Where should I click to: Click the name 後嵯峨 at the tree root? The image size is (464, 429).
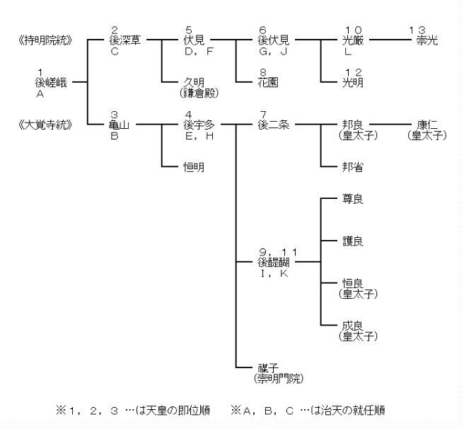(x=51, y=82)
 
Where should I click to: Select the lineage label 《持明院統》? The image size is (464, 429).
(x=45, y=40)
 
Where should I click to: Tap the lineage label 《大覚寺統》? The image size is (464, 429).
(x=45, y=125)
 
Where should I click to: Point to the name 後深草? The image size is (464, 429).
(x=125, y=40)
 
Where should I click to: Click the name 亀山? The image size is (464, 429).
(x=120, y=125)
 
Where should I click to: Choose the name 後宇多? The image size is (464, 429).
(x=199, y=125)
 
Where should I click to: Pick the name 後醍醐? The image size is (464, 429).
(x=274, y=262)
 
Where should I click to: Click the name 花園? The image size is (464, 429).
(x=268, y=82)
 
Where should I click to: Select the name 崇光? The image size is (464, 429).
(x=427, y=40)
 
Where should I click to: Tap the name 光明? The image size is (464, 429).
(x=353, y=82)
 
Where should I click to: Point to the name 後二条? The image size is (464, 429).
(x=274, y=125)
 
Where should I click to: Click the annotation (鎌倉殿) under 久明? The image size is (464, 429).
(x=199, y=93)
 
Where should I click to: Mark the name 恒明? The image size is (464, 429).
(x=194, y=167)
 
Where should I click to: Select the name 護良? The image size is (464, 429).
(x=353, y=241)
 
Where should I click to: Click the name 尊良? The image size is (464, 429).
(x=353, y=199)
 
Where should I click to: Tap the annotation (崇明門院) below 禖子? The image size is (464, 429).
(x=279, y=379)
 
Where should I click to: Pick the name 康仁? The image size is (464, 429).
(x=427, y=125)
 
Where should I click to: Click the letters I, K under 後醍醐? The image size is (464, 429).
(x=274, y=273)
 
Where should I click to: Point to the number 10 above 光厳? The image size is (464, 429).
(x=354, y=30)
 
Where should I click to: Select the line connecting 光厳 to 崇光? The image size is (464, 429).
(x=390, y=40)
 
